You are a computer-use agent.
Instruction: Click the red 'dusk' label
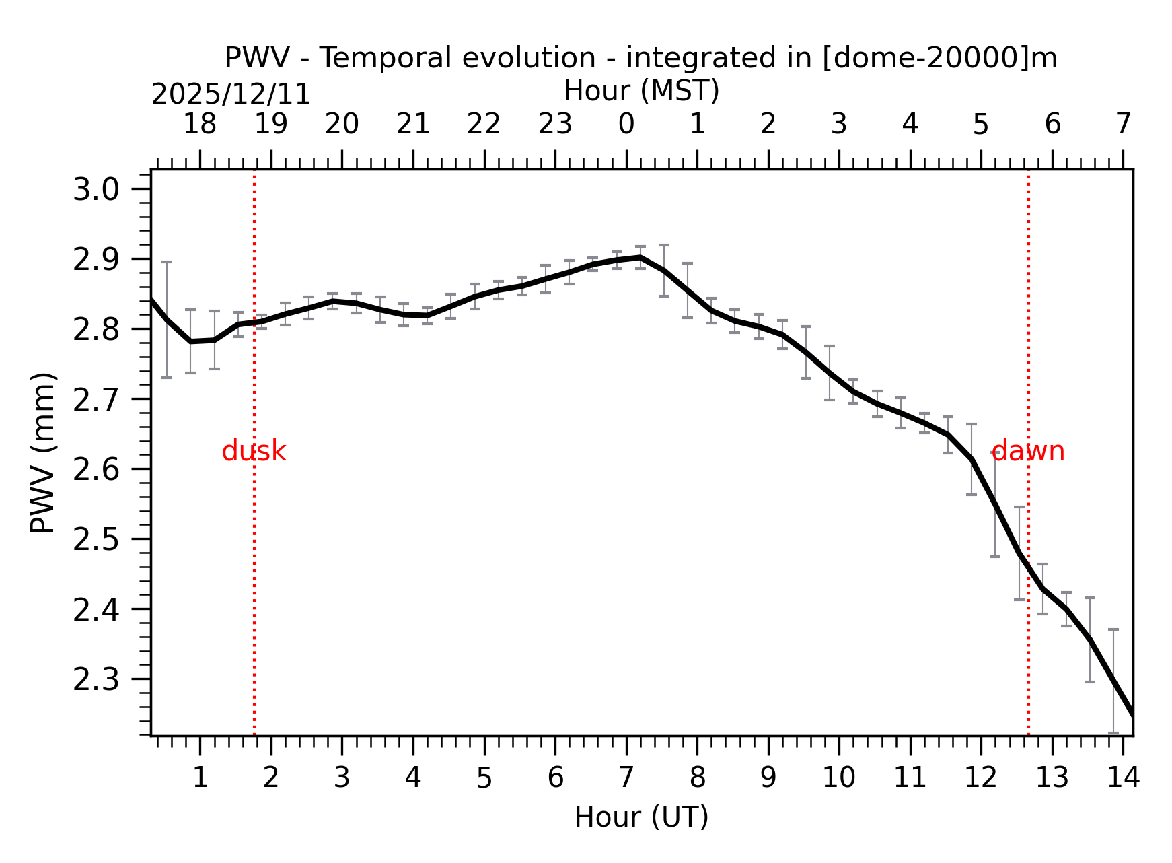(254, 452)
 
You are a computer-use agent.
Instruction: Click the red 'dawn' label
(1028, 452)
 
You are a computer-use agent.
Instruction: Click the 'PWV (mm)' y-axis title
(43, 452)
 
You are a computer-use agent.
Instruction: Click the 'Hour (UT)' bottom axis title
(641, 817)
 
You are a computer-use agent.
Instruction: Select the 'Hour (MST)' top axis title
(641, 91)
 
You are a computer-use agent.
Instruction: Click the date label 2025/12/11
(231, 94)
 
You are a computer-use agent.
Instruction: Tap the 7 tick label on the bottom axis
(626, 778)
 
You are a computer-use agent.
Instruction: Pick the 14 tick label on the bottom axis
(1123, 778)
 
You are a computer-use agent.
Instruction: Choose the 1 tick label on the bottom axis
(200, 778)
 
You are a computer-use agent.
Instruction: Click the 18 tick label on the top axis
(200, 124)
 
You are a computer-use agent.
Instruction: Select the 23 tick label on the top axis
(555, 124)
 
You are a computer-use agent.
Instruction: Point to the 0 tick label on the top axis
(626, 124)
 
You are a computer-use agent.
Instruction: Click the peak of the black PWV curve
(640, 257)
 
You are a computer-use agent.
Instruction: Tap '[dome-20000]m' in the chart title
(940, 58)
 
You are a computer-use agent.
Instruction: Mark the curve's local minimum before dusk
(191, 342)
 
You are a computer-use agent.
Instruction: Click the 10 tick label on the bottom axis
(839, 778)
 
